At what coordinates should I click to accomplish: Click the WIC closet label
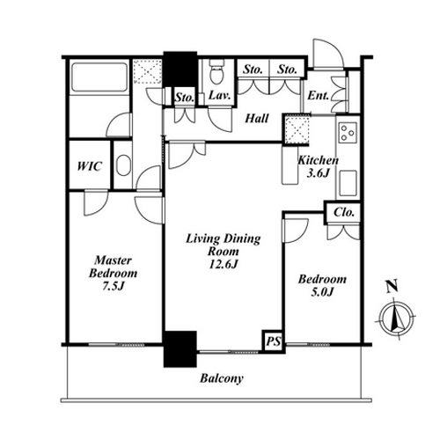(90, 166)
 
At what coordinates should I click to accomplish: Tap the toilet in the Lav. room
(216, 71)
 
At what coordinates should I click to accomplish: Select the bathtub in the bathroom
(99, 77)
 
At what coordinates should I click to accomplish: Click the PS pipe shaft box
(274, 341)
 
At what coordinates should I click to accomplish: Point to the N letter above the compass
(392, 286)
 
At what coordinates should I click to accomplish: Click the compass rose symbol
(396, 319)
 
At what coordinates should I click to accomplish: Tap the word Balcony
(222, 378)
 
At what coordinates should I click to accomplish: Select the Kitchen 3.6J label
(318, 166)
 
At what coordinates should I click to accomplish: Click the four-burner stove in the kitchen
(348, 132)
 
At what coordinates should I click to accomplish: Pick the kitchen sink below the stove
(348, 183)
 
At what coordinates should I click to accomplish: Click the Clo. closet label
(343, 212)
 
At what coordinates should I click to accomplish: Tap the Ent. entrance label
(318, 95)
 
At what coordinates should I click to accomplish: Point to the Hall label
(257, 119)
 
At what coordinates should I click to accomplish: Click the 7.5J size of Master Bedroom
(114, 286)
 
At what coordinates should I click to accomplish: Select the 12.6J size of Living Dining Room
(224, 264)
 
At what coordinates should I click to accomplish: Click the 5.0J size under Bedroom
(322, 292)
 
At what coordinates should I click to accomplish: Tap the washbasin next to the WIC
(123, 165)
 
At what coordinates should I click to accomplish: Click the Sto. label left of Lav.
(185, 97)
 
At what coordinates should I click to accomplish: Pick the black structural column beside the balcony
(180, 349)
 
